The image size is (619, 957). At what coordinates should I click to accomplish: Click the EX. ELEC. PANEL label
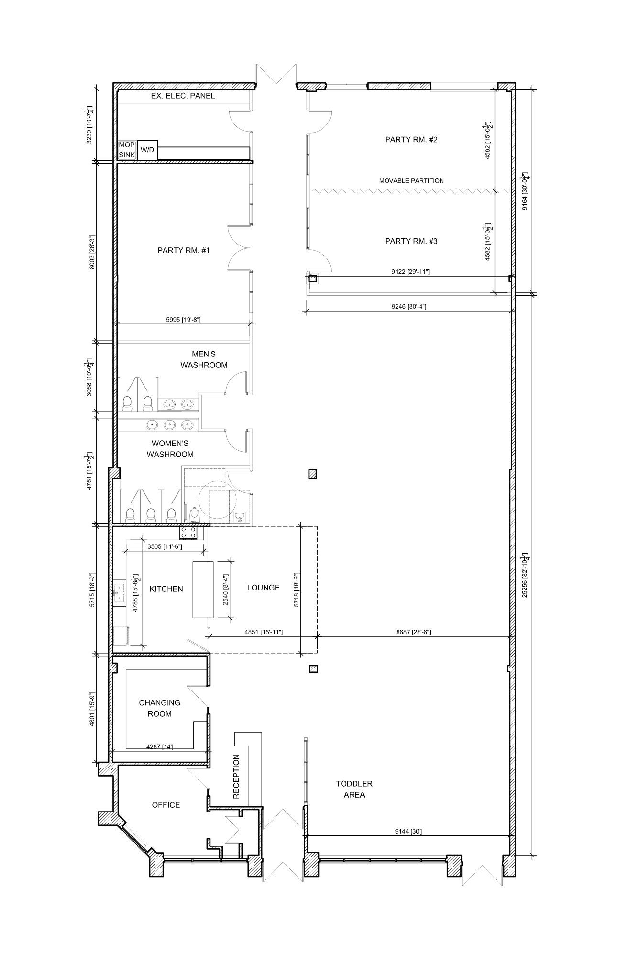pos(183,96)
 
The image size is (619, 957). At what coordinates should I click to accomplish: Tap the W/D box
pos(147,150)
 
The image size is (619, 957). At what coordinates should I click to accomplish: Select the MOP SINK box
pos(127,150)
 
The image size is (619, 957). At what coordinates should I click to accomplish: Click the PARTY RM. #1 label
pos(184,250)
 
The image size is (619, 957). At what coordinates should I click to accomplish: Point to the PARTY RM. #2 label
pos(411,140)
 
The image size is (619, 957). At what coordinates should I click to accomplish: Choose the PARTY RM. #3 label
pos(411,241)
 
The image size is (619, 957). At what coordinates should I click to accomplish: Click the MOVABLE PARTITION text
pos(411,181)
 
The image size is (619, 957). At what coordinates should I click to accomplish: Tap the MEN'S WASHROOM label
pos(204,359)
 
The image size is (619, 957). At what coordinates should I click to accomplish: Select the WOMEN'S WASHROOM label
pos(170,449)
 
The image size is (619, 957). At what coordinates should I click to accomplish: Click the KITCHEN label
pos(166,589)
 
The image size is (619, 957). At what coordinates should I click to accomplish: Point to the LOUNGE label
pos(263,588)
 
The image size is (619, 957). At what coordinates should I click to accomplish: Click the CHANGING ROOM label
pos(160,708)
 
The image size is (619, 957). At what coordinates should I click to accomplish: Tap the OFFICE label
pos(166,805)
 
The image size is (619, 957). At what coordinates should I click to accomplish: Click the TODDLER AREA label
pos(354,789)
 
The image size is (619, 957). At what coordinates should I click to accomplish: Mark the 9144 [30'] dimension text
pos(408,832)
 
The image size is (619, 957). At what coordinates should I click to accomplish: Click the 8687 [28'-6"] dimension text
pos(413,632)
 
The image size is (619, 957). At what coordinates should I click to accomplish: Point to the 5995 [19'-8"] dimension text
pos(183,320)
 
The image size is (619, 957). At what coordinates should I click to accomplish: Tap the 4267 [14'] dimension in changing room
pos(160,746)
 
